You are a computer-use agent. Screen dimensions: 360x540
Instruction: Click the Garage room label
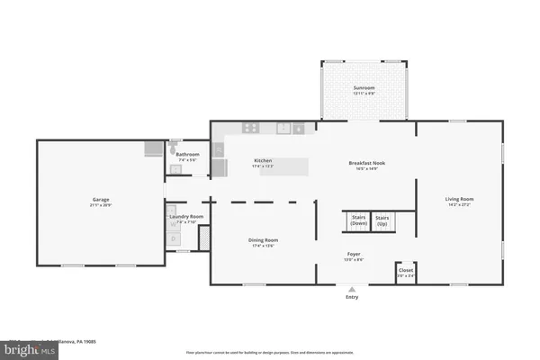tap(100, 201)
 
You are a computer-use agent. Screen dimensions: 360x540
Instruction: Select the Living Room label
tap(459, 201)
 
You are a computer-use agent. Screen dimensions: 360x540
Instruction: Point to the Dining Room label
tap(264, 242)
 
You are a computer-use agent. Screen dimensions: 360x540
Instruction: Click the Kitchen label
tap(264, 164)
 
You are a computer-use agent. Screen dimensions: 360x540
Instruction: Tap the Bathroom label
tap(187, 157)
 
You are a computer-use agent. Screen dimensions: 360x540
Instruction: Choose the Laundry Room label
tap(186, 218)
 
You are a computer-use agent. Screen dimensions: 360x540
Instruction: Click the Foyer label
tap(354, 256)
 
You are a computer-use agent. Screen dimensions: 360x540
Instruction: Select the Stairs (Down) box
tap(357, 221)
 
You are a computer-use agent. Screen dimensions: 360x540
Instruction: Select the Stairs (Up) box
tap(382, 221)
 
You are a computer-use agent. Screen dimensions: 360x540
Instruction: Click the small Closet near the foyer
tap(406, 274)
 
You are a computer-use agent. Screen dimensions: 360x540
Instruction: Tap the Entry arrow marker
tap(352, 289)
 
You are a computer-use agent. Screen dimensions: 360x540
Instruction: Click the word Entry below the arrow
tap(352, 298)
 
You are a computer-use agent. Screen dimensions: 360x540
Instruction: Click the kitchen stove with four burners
tap(250, 129)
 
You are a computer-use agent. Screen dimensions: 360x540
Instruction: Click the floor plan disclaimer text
tap(270, 352)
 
